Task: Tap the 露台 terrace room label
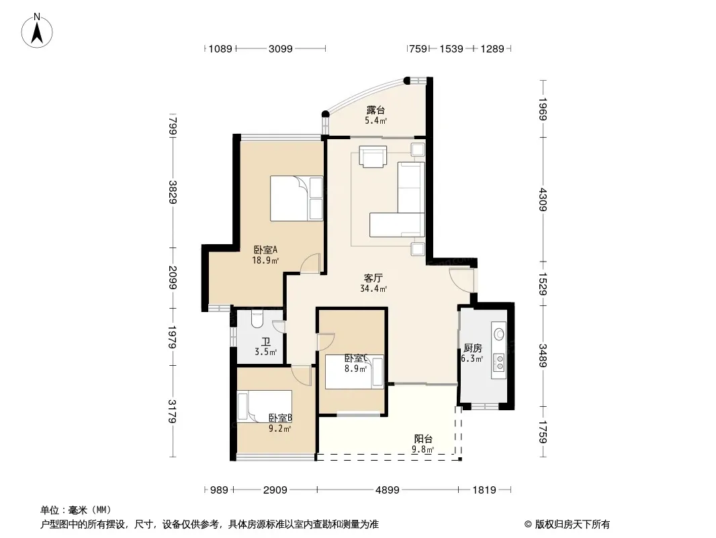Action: point(375,110)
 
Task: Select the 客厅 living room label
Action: point(373,278)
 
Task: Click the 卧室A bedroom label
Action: point(265,250)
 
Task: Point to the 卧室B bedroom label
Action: point(280,418)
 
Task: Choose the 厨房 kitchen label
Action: point(473,348)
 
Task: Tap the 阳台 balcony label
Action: point(423,439)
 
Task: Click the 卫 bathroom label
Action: point(266,342)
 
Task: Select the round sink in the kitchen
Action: point(499,333)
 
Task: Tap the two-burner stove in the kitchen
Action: point(500,362)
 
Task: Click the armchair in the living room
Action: point(373,156)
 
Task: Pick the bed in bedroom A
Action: point(296,198)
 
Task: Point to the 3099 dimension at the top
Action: point(280,48)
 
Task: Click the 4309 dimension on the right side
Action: point(543,199)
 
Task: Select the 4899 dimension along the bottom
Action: point(388,490)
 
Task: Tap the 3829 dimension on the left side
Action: point(173,192)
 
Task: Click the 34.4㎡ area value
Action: point(373,289)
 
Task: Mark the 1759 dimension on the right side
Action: point(543,432)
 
